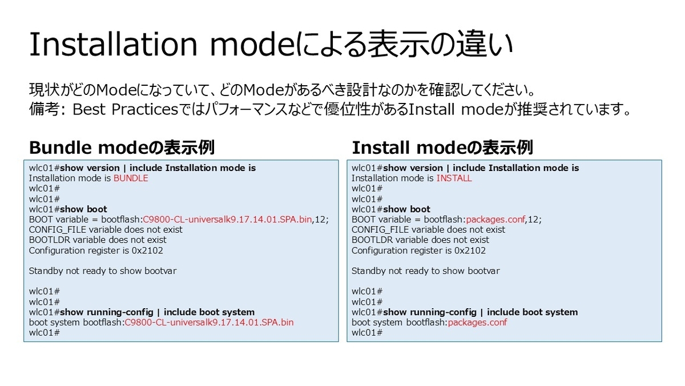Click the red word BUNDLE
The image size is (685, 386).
[131, 178]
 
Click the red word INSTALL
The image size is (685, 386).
[454, 178]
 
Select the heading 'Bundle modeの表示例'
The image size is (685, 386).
[122, 148]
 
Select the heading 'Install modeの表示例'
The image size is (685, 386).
[442, 148]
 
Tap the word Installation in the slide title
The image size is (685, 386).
[113, 45]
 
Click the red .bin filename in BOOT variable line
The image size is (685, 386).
[227, 220]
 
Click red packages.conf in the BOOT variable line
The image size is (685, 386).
[495, 220]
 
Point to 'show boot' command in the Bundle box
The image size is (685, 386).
[83, 209]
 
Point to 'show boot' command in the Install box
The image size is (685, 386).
[406, 209]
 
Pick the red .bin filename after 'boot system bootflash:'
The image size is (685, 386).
[209, 323]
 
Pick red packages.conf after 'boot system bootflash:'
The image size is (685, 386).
[477, 323]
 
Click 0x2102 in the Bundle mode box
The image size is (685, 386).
[147, 250]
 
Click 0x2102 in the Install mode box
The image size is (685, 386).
[470, 250]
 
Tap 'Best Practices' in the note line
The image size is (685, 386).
[125, 109]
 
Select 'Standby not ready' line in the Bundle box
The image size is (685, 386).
[103, 271]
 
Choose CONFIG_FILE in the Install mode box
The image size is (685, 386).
[380, 230]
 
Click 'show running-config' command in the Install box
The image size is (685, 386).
[430, 312]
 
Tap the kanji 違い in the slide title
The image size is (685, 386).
[485, 45]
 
